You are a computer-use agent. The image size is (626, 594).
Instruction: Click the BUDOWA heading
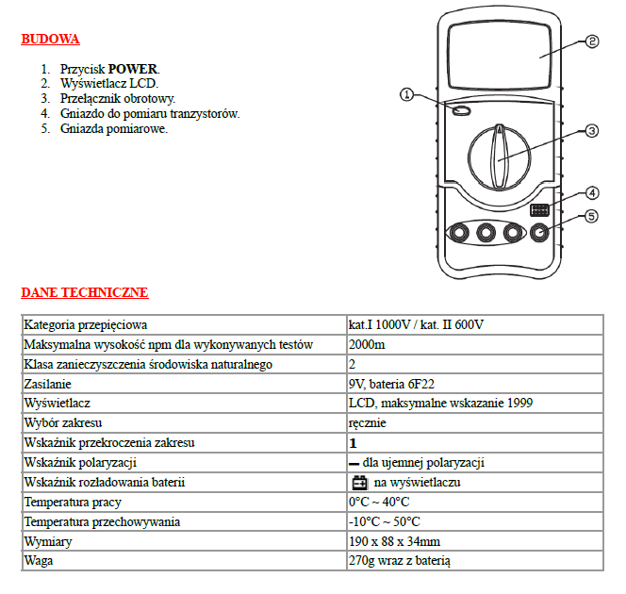(x=50, y=40)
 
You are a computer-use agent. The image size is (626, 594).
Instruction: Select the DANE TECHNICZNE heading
(x=84, y=293)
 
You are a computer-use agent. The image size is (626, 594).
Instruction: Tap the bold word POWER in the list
(x=134, y=69)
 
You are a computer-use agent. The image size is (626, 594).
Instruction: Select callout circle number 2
(x=592, y=41)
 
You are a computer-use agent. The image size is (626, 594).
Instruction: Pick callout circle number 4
(x=592, y=192)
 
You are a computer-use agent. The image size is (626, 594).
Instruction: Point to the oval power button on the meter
(x=461, y=112)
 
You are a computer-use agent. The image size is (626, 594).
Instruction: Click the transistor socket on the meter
(x=541, y=209)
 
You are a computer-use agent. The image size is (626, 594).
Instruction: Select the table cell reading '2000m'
(x=366, y=344)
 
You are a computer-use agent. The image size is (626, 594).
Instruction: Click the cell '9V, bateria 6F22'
(x=391, y=384)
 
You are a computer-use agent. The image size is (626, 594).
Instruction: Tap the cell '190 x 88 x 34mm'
(x=394, y=542)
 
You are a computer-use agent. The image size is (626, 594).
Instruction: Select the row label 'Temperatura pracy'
(x=73, y=503)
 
